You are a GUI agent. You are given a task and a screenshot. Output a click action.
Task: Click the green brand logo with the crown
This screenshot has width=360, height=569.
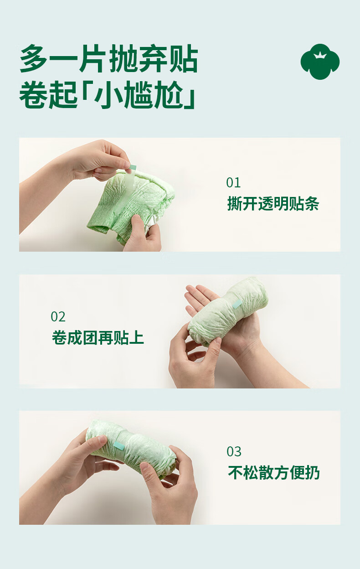[x=320, y=62]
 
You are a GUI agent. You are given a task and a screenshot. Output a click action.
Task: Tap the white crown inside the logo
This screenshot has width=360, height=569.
[x=320, y=55]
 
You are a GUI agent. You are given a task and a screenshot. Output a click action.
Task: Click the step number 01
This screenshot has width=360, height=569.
[x=233, y=183]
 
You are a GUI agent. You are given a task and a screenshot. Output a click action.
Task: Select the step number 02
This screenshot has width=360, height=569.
[x=58, y=317]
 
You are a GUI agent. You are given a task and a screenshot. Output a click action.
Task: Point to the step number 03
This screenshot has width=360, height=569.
[x=234, y=452]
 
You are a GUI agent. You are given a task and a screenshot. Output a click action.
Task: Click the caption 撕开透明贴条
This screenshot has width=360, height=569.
[x=273, y=203]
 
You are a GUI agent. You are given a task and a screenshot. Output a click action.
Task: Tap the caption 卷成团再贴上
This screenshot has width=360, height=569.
[x=98, y=338]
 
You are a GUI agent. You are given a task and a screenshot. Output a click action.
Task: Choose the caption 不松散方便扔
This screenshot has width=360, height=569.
[x=274, y=473]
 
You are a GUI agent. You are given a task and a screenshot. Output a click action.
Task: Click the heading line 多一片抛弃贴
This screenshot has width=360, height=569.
[x=109, y=58]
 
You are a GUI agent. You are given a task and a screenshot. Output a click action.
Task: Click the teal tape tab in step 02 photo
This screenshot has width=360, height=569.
[x=237, y=304]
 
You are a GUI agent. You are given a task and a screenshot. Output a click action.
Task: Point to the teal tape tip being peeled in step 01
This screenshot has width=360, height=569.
[x=133, y=167]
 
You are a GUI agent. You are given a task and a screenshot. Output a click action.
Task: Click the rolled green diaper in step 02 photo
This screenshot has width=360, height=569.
[x=228, y=311]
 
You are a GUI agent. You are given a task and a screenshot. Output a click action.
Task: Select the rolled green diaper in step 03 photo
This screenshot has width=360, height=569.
[x=131, y=450]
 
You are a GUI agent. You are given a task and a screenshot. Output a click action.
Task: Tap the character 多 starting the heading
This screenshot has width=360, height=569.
[x=34, y=58]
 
